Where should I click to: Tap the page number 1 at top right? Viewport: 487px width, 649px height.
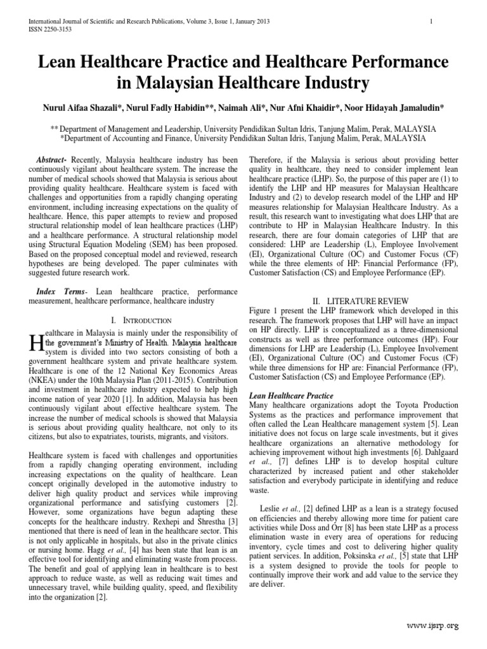431,22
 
